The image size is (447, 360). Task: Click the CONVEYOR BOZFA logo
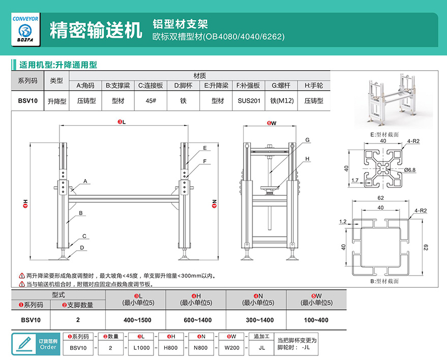click(25, 29)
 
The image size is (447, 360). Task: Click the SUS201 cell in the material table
click(249, 101)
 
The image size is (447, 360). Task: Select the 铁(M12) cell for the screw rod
click(282, 101)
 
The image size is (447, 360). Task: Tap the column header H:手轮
click(314, 85)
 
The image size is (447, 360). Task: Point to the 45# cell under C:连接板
click(151, 101)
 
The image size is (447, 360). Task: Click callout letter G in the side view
click(307, 140)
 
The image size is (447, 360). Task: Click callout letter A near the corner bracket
click(85, 181)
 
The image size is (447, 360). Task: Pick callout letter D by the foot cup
click(82, 248)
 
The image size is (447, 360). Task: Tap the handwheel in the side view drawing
click(270, 189)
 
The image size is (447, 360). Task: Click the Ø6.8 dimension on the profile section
click(410, 170)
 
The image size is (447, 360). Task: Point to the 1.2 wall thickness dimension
click(343, 222)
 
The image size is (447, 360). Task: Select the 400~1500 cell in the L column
click(137, 320)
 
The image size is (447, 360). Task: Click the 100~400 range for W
click(316, 320)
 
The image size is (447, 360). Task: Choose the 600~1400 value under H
click(197, 320)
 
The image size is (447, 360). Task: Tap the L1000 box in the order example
click(141, 348)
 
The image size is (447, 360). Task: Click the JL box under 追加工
click(261, 348)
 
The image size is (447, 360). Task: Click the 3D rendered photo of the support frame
click(394, 100)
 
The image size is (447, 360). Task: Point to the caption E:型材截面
click(384, 134)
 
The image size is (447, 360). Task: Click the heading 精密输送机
click(96, 30)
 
